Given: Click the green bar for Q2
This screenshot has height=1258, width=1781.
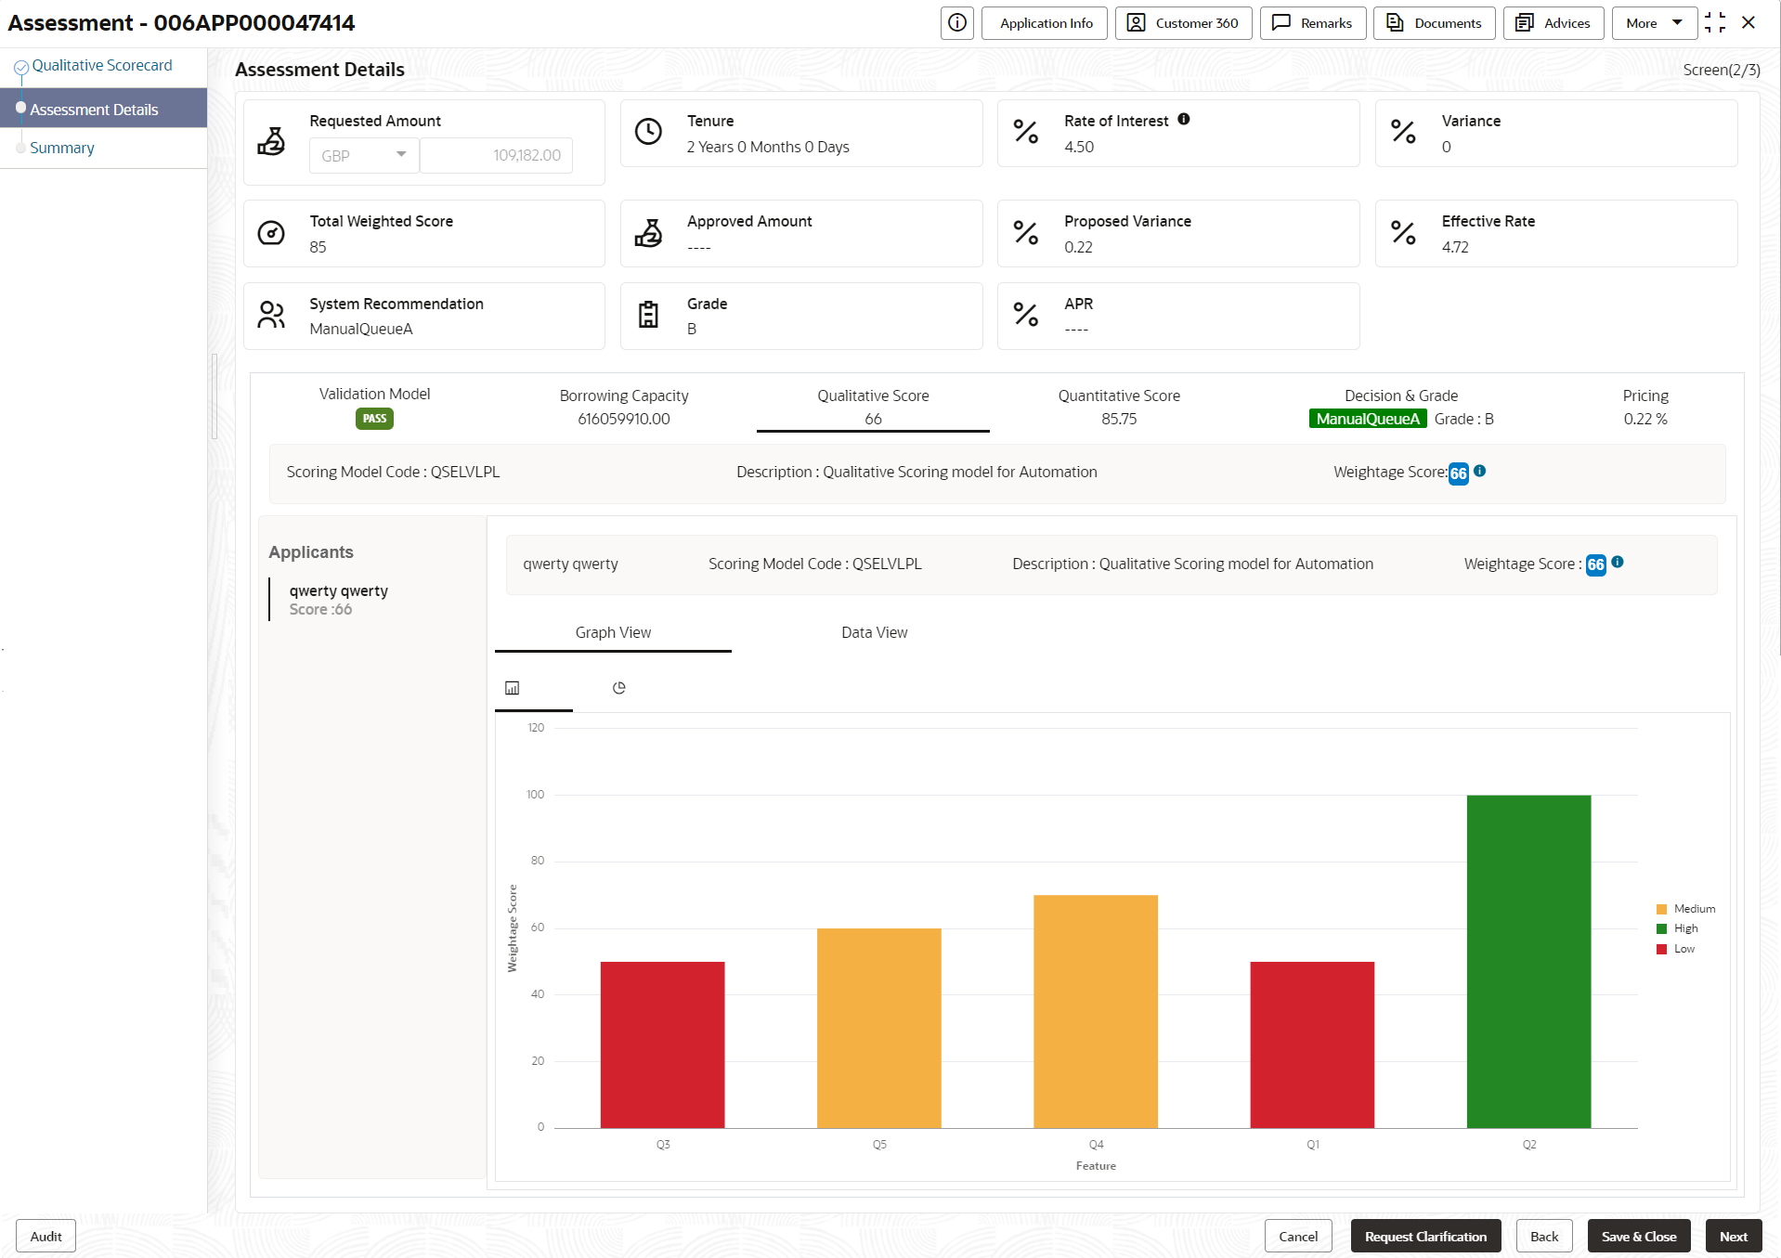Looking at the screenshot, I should point(1528,961).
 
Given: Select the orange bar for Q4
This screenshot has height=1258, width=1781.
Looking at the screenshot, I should point(1095,1011).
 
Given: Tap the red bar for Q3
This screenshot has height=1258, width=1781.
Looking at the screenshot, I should point(662,1044).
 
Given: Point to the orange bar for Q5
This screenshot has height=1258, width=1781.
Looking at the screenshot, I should point(878,1028).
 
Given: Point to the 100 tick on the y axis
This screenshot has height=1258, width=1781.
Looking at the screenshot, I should point(536,795).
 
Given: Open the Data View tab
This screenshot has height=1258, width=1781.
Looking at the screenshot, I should point(874,632).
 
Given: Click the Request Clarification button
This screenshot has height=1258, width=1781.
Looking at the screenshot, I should point(1424,1236).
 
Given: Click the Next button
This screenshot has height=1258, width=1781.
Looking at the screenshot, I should point(1733,1236).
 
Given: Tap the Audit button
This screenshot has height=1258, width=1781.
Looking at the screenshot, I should point(45,1236).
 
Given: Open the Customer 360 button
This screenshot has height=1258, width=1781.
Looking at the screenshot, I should point(1183,23).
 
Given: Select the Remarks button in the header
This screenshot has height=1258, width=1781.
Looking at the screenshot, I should point(1312,23).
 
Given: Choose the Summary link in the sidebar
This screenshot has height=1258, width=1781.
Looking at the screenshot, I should point(61,148).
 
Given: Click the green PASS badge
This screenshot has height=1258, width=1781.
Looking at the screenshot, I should point(374,419).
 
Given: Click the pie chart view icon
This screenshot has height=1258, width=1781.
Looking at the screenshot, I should point(619,688).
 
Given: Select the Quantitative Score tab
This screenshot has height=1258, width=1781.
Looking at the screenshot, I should point(1118,407).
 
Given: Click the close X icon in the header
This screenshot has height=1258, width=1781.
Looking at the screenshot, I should point(1748,23).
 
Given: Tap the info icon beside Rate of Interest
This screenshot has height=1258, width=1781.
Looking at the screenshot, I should point(1184,119).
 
